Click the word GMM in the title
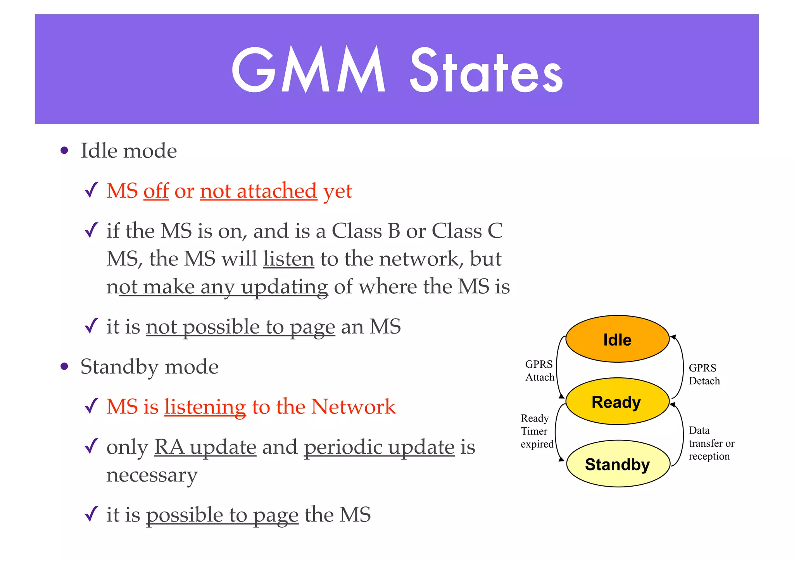(x=308, y=70)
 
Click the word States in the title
(x=486, y=72)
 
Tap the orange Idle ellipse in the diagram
(x=617, y=339)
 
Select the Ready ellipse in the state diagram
(x=617, y=402)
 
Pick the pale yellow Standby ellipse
(x=618, y=464)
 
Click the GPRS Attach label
(x=539, y=371)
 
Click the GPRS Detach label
(x=704, y=374)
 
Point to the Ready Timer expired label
(x=537, y=431)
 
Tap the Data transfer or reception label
(x=711, y=443)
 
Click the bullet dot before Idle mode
(x=64, y=151)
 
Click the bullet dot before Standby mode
(x=64, y=367)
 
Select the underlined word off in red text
(x=156, y=191)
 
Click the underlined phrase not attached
(x=258, y=191)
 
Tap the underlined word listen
(x=288, y=259)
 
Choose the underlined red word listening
(x=205, y=407)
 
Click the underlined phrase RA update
(x=205, y=447)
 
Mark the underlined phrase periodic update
(x=379, y=447)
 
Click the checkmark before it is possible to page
(x=91, y=514)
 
